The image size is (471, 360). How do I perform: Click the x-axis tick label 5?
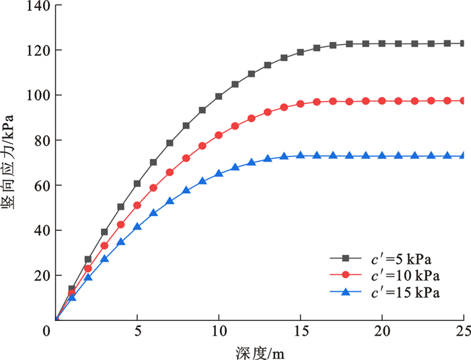(x=137, y=332)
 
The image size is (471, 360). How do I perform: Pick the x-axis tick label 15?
(x=300, y=332)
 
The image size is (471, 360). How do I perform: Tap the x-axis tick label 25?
(x=463, y=332)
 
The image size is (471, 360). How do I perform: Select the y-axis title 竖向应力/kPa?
(x=13, y=162)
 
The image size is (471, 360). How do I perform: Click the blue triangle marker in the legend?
(x=346, y=291)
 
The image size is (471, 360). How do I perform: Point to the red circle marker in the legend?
(x=346, y=275)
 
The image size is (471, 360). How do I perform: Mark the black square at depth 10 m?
(x=219, y=96)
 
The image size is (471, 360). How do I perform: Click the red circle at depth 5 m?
(x=137, y=205)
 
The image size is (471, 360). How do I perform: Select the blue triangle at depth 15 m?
(x=300, y=155)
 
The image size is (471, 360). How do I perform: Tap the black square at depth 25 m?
(x=463, y=43)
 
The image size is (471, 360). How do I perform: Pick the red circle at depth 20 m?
(x=382, y=101)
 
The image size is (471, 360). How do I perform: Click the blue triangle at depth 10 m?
(x=219, y=173)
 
